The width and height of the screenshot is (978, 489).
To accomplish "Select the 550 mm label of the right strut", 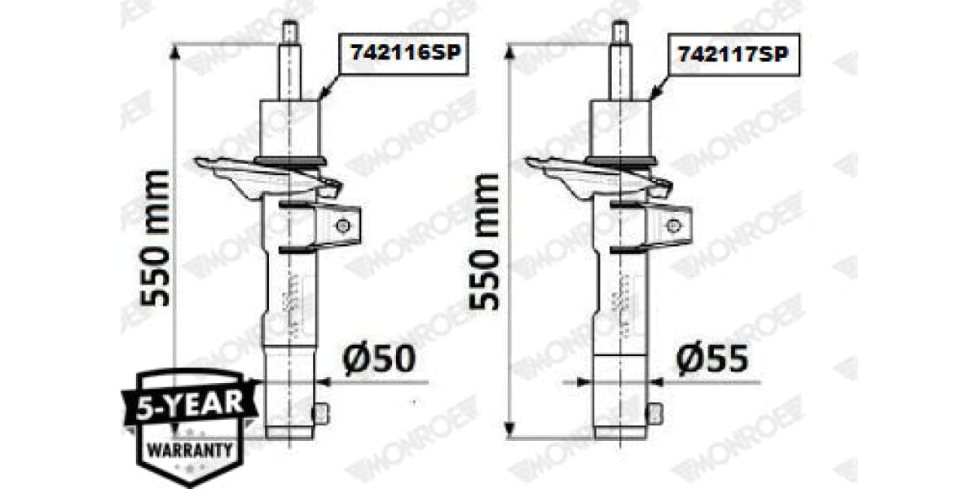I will pyautogui.click(x=486, y=240).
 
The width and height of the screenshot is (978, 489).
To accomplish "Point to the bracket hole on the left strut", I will pyautogui.click(x=344, y=225).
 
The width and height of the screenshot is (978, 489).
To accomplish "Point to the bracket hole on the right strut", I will pyautogui.click(x=674, y=225).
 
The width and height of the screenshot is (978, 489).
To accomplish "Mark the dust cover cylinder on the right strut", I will pyautogui.click(x=620, y=129).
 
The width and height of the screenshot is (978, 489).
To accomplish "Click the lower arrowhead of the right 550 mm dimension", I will pyautogui.click(x=509, y=431).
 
